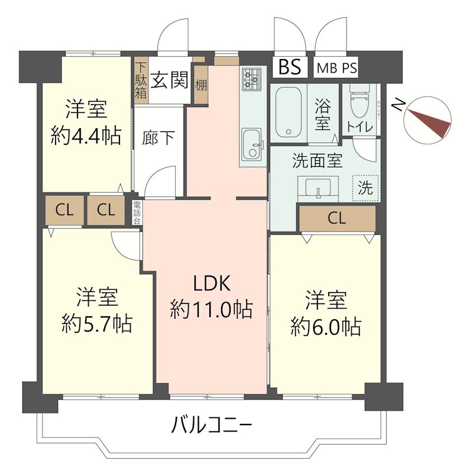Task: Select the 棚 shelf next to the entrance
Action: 201,81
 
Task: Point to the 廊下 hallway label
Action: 158,138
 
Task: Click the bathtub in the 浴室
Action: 288,112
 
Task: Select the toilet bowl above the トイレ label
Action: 359,104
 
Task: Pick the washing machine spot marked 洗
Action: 365,189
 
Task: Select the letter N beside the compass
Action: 400,106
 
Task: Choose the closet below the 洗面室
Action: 336,219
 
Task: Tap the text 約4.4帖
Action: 86,137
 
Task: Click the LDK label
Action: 210,284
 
